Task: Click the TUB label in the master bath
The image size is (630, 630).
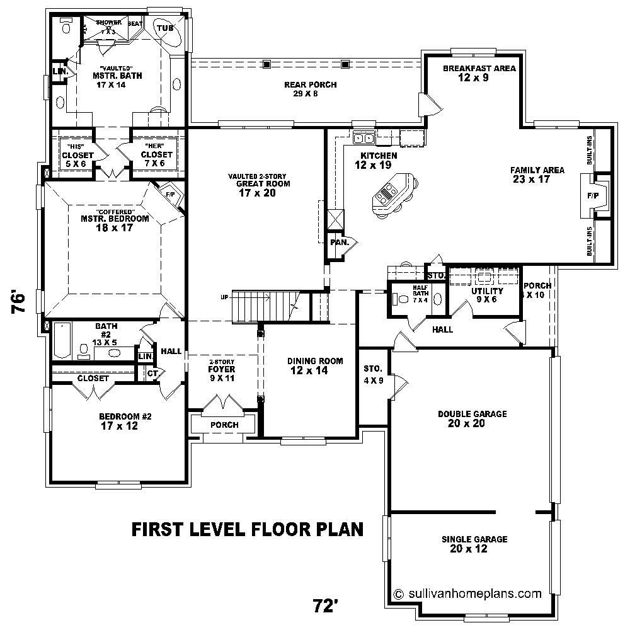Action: [165, 28]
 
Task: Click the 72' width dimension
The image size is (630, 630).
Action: [326, 606]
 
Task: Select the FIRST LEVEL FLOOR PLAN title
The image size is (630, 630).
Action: [247, 529]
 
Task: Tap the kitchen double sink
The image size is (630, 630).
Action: [364, 138]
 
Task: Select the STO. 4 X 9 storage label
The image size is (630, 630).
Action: [372, 374]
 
